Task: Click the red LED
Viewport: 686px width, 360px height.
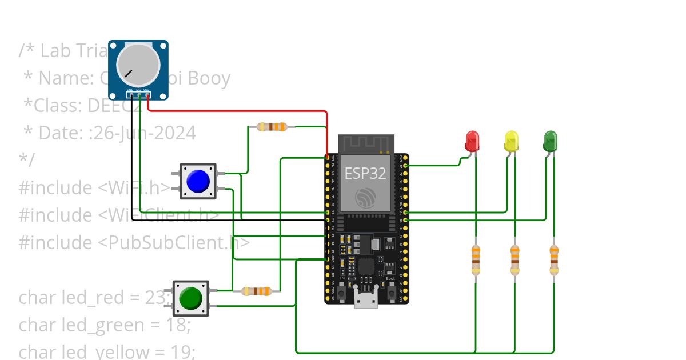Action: click(x=472, y=141)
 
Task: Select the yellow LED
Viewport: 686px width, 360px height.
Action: click(x=511, y=141)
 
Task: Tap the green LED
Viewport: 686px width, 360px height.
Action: click(x=550, y=141)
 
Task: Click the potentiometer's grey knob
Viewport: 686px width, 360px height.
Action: click(x=138, y=64)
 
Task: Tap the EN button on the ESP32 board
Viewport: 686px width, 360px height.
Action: click(x=341, y=293)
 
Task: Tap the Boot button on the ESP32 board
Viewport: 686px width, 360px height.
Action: click(x=392, y=293)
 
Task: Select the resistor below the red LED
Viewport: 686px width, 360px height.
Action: click(x=476, y=259)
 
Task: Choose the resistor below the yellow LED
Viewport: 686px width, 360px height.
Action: click(x=514, y=259)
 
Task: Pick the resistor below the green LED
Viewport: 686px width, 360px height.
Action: click(x=553, y=259)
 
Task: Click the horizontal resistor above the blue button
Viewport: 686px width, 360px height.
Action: click(x=272, y=127)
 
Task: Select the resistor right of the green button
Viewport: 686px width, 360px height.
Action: click(x=256, y=291)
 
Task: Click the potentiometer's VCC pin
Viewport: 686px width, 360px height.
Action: click(x=147, y=95)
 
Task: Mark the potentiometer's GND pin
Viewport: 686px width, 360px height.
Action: click(x=130, y=95)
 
